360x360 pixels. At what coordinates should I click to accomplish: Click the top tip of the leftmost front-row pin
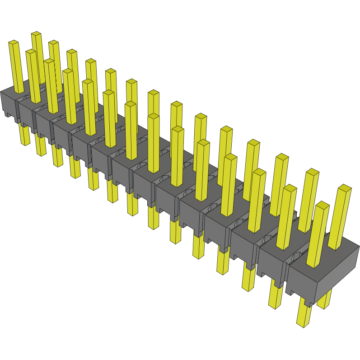point(13,42)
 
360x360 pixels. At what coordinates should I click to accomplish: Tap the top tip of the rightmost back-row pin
point(344,187)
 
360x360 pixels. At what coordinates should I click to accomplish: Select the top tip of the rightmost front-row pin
point(322,205)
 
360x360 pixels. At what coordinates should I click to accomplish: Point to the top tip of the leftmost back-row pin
point(36,34)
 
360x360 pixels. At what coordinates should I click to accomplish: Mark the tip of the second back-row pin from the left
point(54,43)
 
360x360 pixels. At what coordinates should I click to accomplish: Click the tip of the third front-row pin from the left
point(50,61)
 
